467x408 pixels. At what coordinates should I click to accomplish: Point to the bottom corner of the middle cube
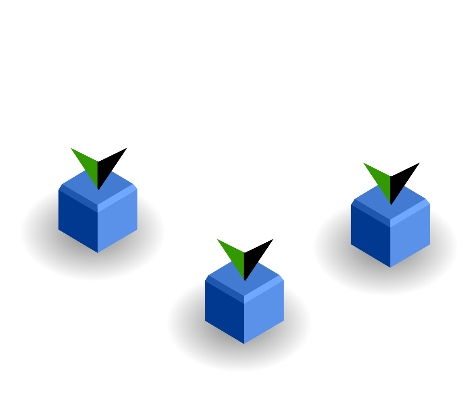pos(244,343)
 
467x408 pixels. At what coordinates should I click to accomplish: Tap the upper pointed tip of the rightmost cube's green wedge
pos(364,163)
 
